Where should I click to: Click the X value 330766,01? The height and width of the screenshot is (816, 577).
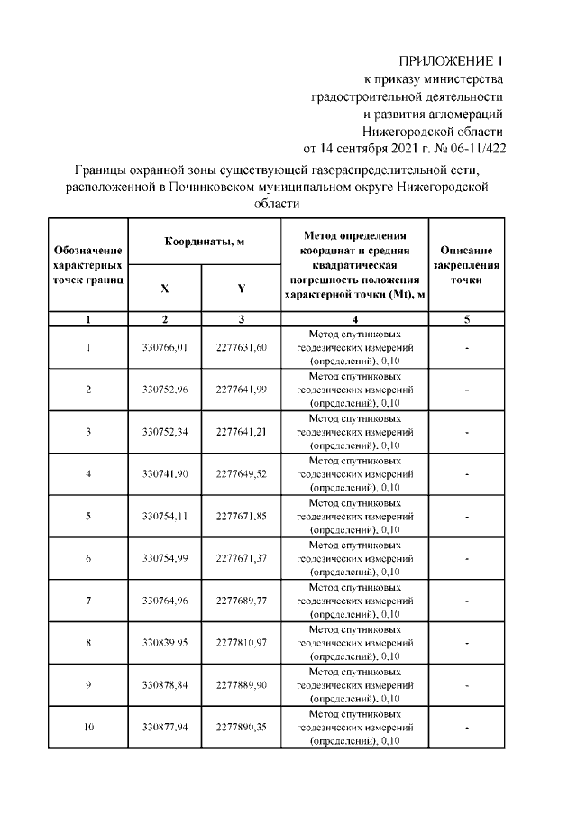point(165,347)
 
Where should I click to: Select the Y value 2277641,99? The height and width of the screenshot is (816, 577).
point(241,390)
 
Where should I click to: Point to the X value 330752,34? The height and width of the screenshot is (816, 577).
point(165,432)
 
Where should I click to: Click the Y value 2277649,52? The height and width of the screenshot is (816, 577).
point(241,474)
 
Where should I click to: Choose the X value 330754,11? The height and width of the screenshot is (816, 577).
point(165,517)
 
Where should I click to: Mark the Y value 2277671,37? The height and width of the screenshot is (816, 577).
point(241,559)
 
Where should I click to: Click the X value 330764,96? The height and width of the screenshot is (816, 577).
point(165,601)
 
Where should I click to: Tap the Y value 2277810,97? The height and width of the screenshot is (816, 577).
point(241,643)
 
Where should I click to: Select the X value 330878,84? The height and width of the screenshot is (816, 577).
point(165,685)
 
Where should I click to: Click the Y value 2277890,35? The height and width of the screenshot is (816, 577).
point(241,728)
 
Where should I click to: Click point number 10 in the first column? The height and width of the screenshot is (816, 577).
point(88,728)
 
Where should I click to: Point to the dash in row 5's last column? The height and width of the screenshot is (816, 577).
point(466,517)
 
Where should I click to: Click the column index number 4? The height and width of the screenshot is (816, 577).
point(354,318)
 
